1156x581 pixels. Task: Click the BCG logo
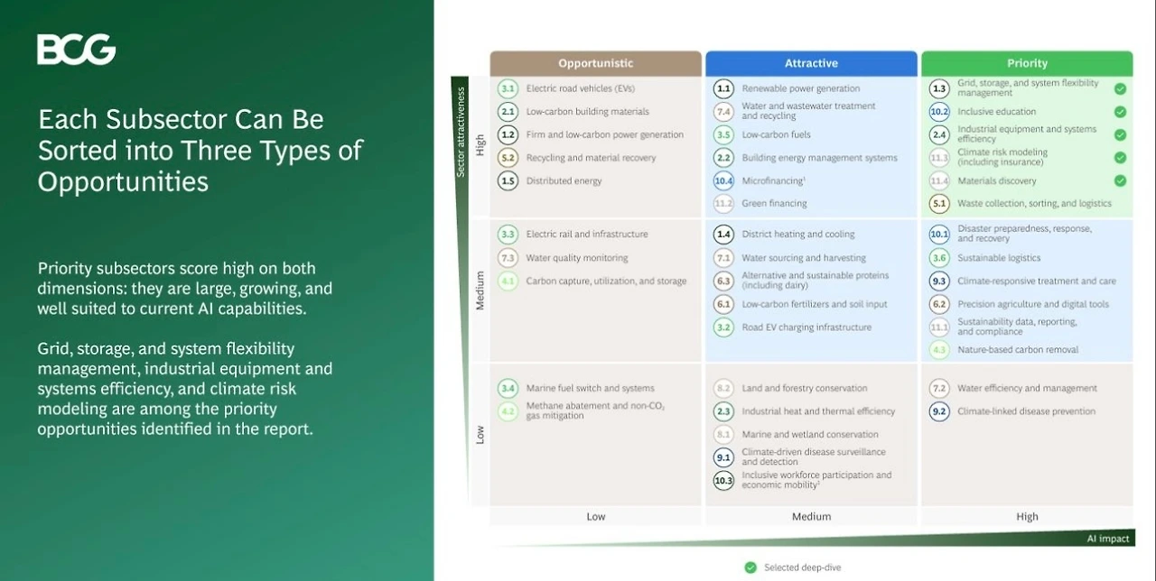pyautogui.click(x=77, y=50)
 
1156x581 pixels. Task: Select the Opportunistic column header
pyautogui.click(x=595, y=63)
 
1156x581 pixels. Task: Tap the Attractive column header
pyautogui.click(x=811, y=63)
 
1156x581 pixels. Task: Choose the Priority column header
pyautogui.click(x=1027, y=63)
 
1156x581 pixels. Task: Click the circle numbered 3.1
pyautogui.click(x=508, y=88)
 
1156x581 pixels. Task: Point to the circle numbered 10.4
pyautogui.click(x=723, y=181)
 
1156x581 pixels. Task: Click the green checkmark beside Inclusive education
pyautogui.click(x=1120, y=112)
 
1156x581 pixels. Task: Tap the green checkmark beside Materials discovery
pyautogui.click(x=1120, y=181)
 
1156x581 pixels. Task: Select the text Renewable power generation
pyautogui.click(x=801, y=88)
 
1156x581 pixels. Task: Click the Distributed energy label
pyautogui.click(x=564, y=181)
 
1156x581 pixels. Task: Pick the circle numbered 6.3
pyautogui.click(x=723, y=281)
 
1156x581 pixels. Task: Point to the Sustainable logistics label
pyautogui.click(x=999, y=258)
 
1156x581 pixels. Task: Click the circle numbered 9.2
pyautogui.click(x=939, y=411)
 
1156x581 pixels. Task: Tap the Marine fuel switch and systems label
pyautogui.click(x=591, y=388)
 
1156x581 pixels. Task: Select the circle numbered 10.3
pyautogui.click(x=723, y=481)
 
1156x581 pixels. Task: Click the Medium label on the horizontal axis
pyautogui.click(x=811, y=517)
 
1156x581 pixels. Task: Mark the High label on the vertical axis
pyautogui.click(x=480, y=145)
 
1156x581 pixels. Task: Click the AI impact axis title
pyautogui.click(x=1108, y=539)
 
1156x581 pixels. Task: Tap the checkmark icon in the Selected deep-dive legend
pyautogui.click(x=750, y=567)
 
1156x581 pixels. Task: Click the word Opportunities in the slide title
pyautogui.click(x=123, y=182)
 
